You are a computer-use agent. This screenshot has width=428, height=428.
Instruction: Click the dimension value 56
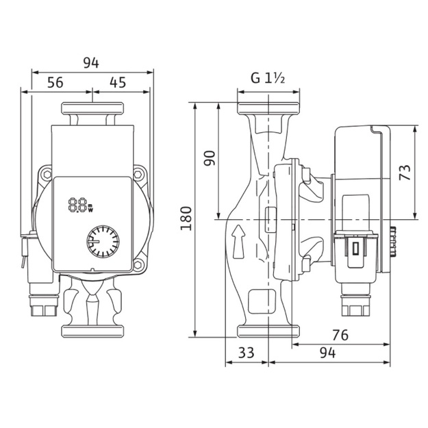pyautogui.click(x=55, y=82)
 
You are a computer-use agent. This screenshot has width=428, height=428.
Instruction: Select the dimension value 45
pyautogui.click(x=118, y=82)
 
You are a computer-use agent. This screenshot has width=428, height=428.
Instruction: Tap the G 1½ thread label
pyautogui.click(x=268, y=78)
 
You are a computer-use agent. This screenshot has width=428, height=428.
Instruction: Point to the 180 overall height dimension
pyautogui.click(x=186, y=218)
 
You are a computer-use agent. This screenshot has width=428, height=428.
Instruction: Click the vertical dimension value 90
pyautogui.click(x=210, y=158)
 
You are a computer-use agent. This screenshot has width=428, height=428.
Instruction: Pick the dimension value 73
pyautogui.click(x=405, y=173)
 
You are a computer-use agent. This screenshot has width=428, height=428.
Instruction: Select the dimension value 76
pyautogui.click(x=340, y=335)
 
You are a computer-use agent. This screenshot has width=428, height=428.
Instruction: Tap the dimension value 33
pyautogui.click(x=247, y=353)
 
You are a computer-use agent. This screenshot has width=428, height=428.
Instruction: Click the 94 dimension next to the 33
pyautogui.click(x=327, y=353)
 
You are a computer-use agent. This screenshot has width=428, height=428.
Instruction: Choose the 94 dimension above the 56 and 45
pyautogui.click(x=91, y=63)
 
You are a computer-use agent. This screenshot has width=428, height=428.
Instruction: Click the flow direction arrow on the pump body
pyautogui.click(x=238, y=242)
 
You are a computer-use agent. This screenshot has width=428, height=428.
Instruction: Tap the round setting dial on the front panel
pyautogui.click(x=103, y=241)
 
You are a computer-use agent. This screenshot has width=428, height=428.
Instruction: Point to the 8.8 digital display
pyautogui.click(x=77, y=205)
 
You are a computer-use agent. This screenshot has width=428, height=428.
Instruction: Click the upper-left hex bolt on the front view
pyautogui.click(x=47, y=174)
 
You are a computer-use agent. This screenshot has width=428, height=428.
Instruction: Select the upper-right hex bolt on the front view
pyautogui.click(x=138, y=174)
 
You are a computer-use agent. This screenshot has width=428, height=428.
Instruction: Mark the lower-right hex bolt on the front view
pyautogui.click(x=138, y=264)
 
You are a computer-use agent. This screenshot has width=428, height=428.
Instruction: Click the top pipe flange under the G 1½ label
pyautogui.click(x=268, y=108)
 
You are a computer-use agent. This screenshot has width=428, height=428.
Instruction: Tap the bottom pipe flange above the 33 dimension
pyautogui.click(x=268, y=331)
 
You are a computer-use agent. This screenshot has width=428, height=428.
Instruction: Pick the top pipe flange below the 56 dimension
pyautogui.click(x=92, y=108)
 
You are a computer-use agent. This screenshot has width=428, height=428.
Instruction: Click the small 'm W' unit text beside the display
pyautogui.click(x=91, y=207)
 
